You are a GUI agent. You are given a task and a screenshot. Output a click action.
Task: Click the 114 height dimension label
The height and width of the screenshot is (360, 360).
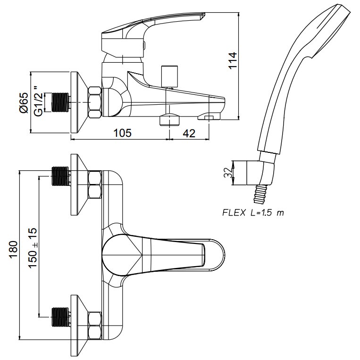coord(232,60)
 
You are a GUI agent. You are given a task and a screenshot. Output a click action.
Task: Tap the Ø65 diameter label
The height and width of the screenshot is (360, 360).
coord(24,103)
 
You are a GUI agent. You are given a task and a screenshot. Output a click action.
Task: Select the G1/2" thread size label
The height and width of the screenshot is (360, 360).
coord(38,101)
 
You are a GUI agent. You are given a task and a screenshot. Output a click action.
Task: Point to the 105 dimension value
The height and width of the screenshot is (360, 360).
coord(123,133)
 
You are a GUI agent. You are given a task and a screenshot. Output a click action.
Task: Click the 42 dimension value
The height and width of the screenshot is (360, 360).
coord(189,133)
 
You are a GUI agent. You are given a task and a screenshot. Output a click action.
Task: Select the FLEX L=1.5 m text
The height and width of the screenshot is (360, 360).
coord(253,213)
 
